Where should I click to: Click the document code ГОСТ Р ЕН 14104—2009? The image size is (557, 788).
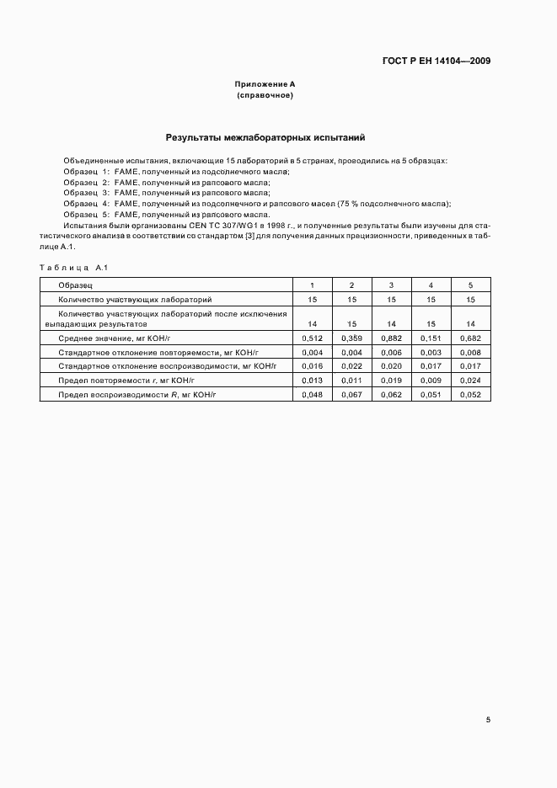pyautogui.click(x=437, y=61)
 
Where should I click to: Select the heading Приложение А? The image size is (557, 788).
pyautogui.click(x=265, y=85)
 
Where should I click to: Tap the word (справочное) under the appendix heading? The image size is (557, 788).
pyautogui.click(x=265, y=96)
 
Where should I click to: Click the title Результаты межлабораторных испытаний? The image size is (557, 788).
pyautogui.click(x=265, y=136)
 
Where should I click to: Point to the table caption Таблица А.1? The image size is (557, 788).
pyautogui.click(x=70, y=267)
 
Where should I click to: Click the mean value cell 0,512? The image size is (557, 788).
pyautogui.click(x=312, y=337)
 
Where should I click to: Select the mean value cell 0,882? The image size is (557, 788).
pyautogui.click(x=391, y=337)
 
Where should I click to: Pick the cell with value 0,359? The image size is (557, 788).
pyautogui.click(x=351, y=337)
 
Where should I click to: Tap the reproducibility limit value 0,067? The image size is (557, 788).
pyautogui.click(x=351, y=395)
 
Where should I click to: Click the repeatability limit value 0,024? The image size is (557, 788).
pyautogui.click(x=470, y=381)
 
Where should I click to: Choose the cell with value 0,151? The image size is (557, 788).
pyautogui.click(x=431, y=337)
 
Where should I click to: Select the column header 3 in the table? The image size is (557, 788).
pyautogui.click(x=391, y=285)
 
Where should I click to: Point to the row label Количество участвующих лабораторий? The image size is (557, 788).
pyautogui.click(x=135, y=299)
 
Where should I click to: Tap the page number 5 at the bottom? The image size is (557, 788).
pyautogui.click(x=488, y=720)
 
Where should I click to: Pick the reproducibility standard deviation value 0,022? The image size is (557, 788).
pyautogui.click(x=351, y=366)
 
